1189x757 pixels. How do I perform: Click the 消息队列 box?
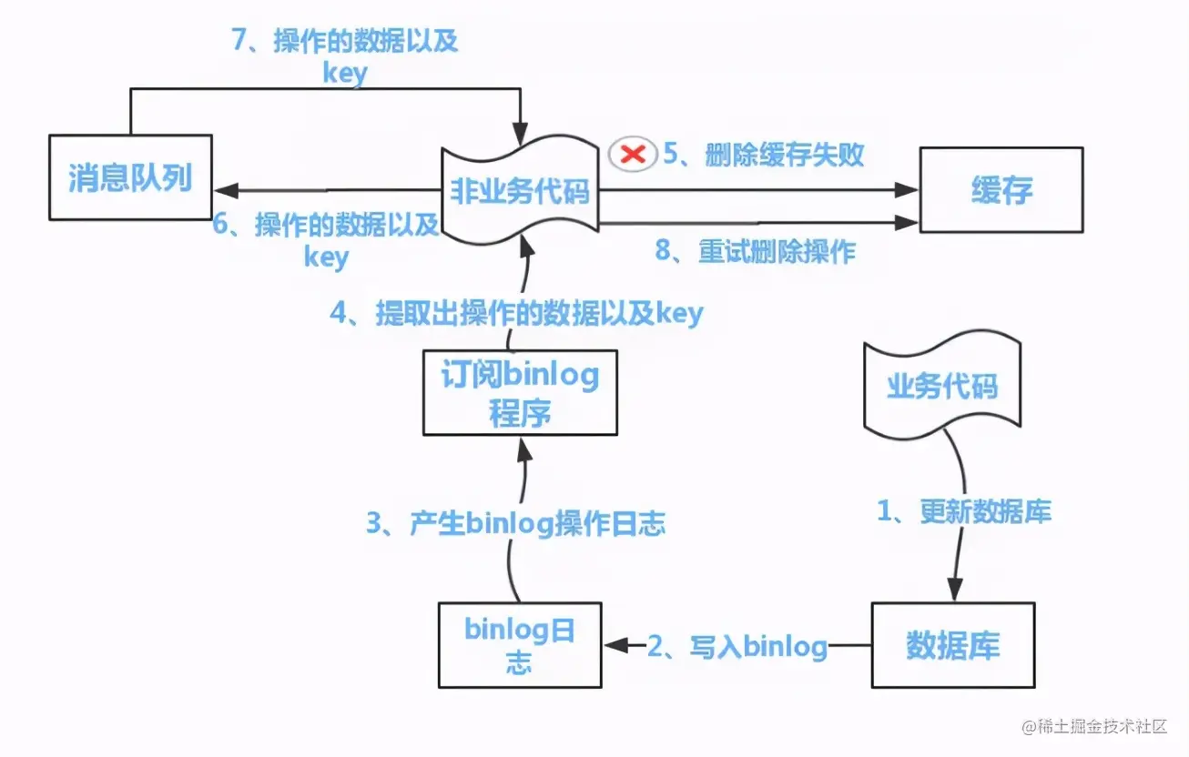pos(130,177)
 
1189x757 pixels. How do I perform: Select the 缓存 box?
pos(1001,190)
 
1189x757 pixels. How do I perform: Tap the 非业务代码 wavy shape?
pos(520,191)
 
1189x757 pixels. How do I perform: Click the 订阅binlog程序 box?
pos(520,392)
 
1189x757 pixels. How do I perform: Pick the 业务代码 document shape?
pos(941,386)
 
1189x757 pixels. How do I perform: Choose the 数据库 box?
pos(952,644)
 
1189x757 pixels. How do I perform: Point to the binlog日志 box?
pos(519,644)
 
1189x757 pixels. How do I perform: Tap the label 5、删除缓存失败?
pos(763,155)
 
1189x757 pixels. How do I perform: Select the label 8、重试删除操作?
pos(756,251)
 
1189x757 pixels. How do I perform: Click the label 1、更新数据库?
pos(963,512)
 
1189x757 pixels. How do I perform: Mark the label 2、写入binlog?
pos(737,647)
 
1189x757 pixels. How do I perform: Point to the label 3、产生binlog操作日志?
pos(515,523)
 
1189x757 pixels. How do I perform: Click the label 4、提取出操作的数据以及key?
pos(516,313)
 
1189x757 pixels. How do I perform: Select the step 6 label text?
pos(326,239)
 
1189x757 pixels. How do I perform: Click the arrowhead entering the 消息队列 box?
pos(224,190)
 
